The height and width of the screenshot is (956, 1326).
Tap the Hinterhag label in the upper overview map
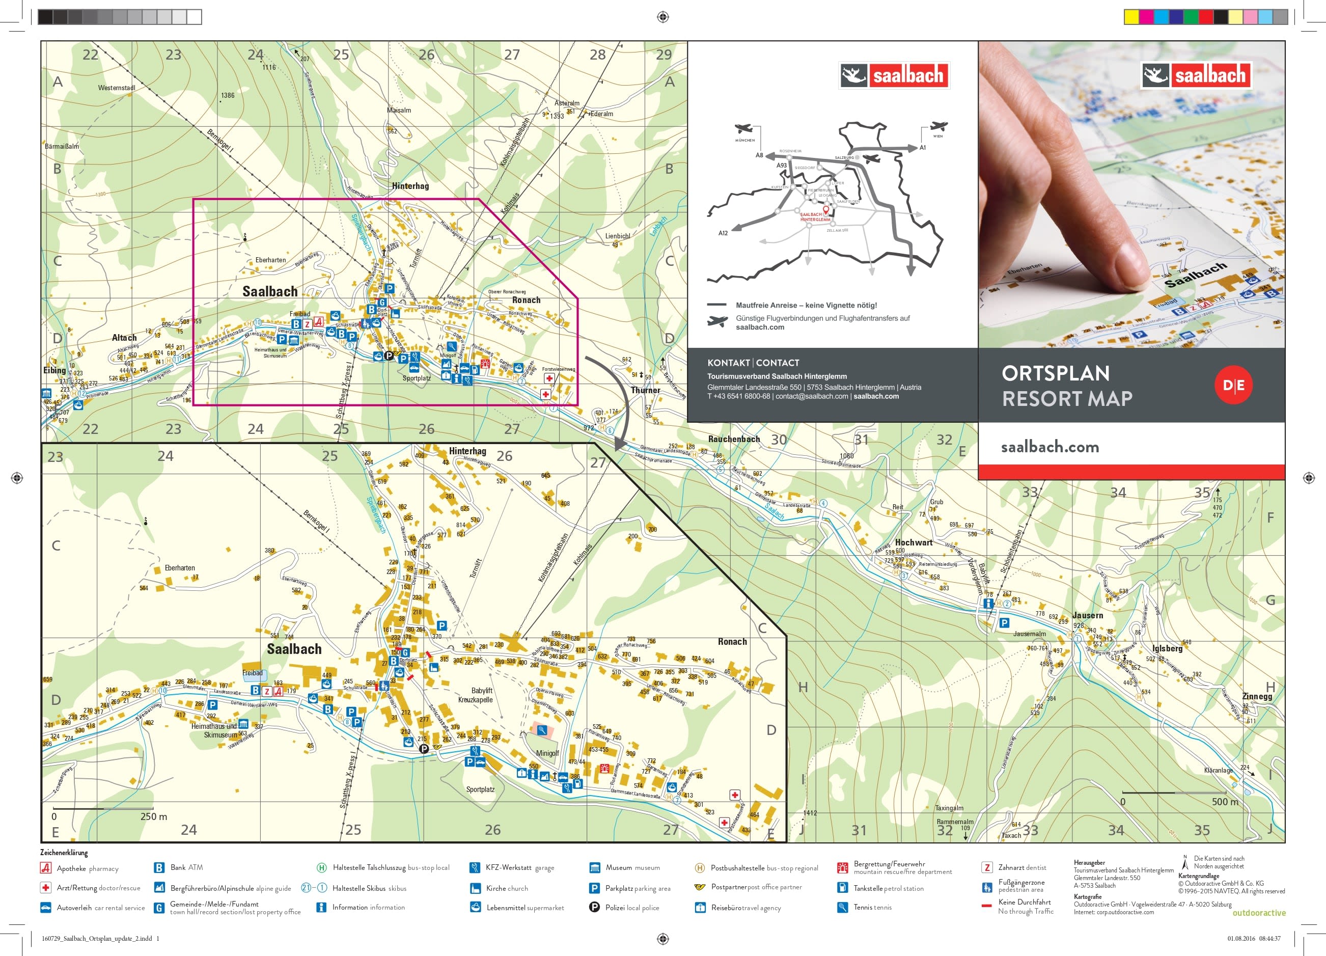pyautogui.click(x=410, y=186)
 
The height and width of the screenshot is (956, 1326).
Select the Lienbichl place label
pyautogui.click(x=617, y=236)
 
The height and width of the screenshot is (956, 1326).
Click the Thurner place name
pyautogui.click(x=646, y=390)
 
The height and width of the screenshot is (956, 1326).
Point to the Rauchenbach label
pyautogui.click(x=734, y=439)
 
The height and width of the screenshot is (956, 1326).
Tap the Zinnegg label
pyautogui.click(x=1257, y=696)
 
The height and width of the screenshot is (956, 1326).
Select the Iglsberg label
pyautogui.click(x=1167, y=648)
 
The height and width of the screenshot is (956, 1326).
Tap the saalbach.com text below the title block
pyautogui.click(x=1049, y=447)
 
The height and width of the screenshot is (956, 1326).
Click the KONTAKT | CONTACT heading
pyautogui.click(x=753, y=363)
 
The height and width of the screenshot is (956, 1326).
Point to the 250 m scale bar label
pyautogui.click(x=153, y=817)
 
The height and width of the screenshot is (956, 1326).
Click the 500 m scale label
pyautogui.click(x=1225, y=802)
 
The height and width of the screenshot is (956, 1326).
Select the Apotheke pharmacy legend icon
pyautogui.click(x=46, y=868)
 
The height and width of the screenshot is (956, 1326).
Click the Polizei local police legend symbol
pyautogui.click(x=594, y=908)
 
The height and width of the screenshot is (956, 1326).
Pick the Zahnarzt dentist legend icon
pyautogui.click(x=987, y=868)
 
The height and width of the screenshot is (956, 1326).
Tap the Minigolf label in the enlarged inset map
pyautogui.click(x=547, y=753)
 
